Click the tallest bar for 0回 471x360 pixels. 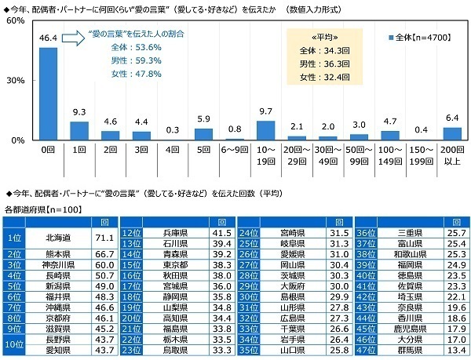[x=48, y=93]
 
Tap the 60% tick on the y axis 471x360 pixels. [x=15, y=22]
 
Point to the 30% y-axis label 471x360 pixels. [x=15, y=81]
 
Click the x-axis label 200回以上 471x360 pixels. [x=452, y=152]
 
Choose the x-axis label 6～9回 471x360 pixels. [x=235, y=148]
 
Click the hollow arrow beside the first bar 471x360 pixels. [x=74, y=36]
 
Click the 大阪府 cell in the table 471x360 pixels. [x=295, y=286]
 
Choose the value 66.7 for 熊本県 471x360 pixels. [x=105, y=253]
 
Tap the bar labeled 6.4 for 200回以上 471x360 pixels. [x=452, y=133]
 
